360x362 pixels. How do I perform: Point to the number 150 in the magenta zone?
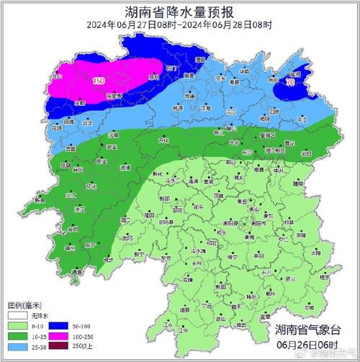[x=99, y=81]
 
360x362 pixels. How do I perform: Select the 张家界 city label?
[x=114, y=96]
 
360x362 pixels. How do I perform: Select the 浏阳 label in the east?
[x=306, y=153]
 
